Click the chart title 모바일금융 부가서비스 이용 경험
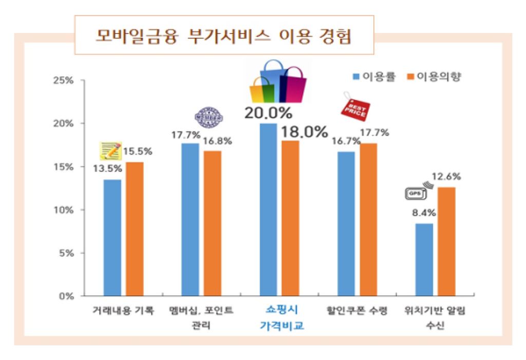pyautogui.click(x=224, y=36)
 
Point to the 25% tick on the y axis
pyautogui.click(x=65, y=81)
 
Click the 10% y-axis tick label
pyautogui.click(x=65, y=210)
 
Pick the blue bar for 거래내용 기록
pyautogui.click(x=112, y=237)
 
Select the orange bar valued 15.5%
pyautogui.click(x=135, y=229)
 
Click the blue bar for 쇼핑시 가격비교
pyautogui.click(x=268, y=210)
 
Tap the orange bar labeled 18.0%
pyautogui.click(x=290, y=218)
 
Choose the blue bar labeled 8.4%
pyautogui.click(x=424, y=259)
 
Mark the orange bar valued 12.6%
pyautogui.click(x=446, y=241)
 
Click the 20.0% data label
pyautogui.click(x=268, y=112)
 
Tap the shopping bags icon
pyautogui.click(x=277, y=82)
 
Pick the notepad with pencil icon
pyautogui.click(x=110, y=150)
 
